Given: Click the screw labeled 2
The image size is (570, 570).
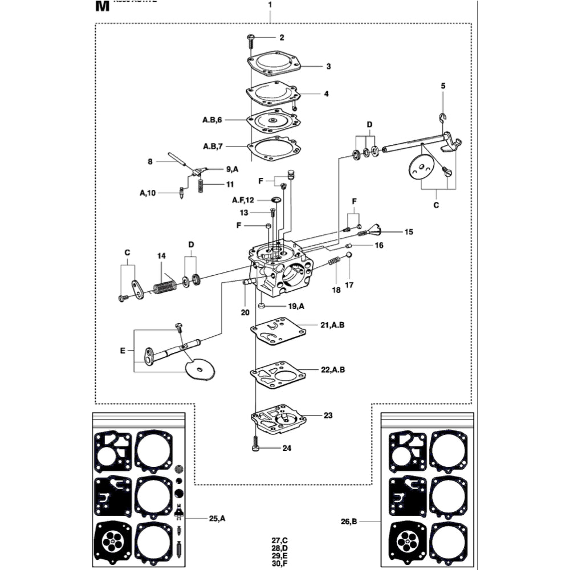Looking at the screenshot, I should (251, 38).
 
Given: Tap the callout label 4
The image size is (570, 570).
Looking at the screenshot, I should (326, 93).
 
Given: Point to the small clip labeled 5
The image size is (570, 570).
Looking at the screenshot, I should (442, 117).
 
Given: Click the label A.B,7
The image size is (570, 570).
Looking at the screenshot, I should (212, 146).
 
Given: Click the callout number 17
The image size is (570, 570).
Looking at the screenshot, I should (349, 284).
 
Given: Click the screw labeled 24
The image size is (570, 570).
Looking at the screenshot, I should (255, 443).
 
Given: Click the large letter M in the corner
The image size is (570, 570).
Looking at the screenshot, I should (101, 7).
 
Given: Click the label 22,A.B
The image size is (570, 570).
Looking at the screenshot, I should (333, 370).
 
